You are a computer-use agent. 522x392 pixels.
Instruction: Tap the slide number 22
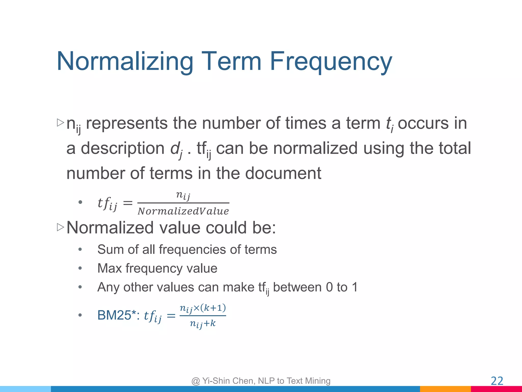[x=497, y=381]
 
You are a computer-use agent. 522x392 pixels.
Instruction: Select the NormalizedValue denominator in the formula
[x=183, y=211]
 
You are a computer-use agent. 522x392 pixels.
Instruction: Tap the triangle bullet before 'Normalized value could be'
[x=60, y=227]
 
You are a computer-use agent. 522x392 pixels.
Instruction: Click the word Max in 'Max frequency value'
[x=110, y=268]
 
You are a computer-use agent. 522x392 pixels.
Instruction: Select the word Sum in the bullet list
[x=110, y=249]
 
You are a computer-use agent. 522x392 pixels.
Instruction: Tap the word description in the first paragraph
[x=123, y=148]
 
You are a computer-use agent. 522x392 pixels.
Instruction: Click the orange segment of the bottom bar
[x=445, y=389]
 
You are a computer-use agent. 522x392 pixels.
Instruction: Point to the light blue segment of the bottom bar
[x=25, y=389]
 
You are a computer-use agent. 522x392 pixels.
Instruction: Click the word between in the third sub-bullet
[x=297, y=287]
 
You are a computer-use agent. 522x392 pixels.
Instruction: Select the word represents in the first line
[x=127, y=123]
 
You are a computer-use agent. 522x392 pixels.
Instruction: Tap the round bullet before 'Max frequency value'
[x=80, y=268]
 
